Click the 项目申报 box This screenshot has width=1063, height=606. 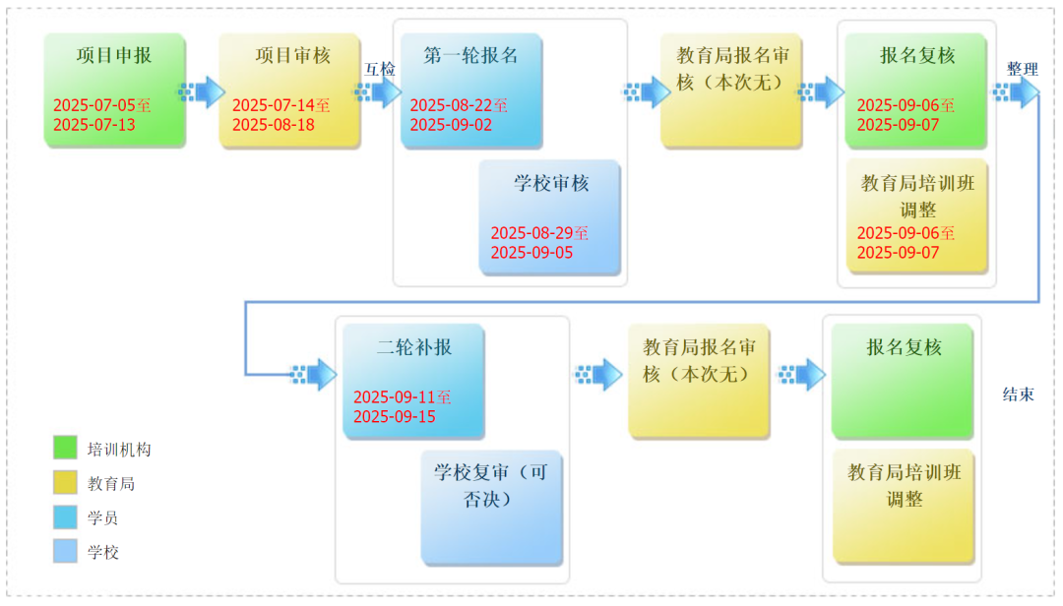coord(114,90)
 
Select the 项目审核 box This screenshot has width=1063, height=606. coord(289,90)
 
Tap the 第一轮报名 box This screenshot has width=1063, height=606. coord(471,90)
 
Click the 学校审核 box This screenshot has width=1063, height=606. coord(550,216)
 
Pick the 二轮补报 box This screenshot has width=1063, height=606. coord(413,381)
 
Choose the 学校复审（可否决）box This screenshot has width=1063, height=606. coord(492,507)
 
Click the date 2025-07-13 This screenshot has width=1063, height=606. coord(94,125)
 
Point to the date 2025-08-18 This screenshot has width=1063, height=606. coord(274,125)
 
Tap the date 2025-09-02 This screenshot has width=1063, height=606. coord(451,125)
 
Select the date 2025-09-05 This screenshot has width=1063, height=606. coord(531,252)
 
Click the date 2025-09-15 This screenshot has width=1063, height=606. coord(395,416)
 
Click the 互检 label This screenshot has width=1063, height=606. coord(380,69)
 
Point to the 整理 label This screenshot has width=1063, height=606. coord(1023,69)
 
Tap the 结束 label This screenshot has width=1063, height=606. coord(1019,394)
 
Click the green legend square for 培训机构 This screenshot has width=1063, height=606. coord(65,448)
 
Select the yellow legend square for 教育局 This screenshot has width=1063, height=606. coord(65,483)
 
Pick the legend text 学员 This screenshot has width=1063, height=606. coord(103,517)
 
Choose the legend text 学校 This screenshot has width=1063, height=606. coord(103,553)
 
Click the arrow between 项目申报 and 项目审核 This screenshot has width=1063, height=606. coord(202,91)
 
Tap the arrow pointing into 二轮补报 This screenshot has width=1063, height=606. coord(313,374)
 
